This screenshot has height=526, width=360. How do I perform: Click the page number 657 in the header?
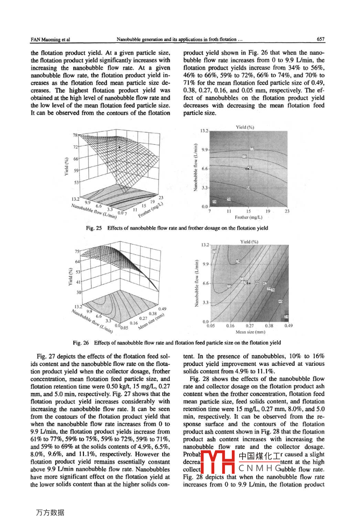coord(321,39)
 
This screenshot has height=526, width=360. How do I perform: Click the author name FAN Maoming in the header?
coord(50,39)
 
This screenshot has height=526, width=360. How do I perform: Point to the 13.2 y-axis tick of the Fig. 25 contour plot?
coord(203,131)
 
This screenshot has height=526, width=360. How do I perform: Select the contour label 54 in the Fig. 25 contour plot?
coord(215,202)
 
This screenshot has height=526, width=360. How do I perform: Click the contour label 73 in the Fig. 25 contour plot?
coord(252,149)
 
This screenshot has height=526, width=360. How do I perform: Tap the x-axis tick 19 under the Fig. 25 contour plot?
coord(268,211)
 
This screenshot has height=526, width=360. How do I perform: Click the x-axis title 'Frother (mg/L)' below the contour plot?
coord(248,217)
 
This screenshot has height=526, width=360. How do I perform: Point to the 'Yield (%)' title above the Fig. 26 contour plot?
coord(249,241)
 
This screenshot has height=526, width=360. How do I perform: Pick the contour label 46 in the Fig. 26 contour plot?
coord(280,301)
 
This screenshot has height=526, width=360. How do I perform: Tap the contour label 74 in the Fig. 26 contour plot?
coord(238,261)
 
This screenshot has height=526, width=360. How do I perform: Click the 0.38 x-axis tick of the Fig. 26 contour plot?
coord(269,326)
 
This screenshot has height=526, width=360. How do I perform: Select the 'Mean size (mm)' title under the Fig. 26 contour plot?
coord(250,332)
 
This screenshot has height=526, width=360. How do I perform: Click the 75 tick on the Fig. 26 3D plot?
coord(77,251)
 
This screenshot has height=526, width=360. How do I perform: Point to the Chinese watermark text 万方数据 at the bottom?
coord(50,513)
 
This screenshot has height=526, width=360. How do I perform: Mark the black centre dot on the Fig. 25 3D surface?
coord(119,147)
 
